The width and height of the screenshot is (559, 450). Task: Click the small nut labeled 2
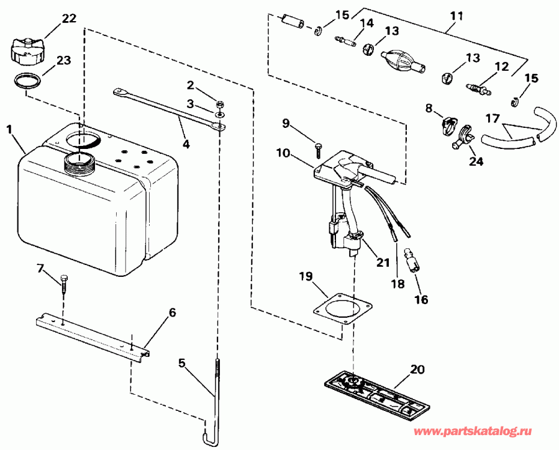coord(220,105)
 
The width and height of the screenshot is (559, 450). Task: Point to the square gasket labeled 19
coord(342,308)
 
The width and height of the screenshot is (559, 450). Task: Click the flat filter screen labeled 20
coord(378,391)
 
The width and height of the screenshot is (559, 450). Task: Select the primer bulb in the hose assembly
coord(402,61)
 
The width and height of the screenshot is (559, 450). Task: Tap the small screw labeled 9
coord(317,151)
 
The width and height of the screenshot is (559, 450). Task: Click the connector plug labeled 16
coord(412,261)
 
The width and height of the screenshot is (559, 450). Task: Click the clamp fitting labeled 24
coord(462,137)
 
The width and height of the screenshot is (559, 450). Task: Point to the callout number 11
coord(457,16)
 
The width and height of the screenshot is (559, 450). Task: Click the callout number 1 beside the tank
coord(9,129)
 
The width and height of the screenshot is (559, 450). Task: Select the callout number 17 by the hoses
coord(493,119)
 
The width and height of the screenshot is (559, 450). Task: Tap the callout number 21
coord(383,263)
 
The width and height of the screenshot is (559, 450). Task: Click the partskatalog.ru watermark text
coord(473,432)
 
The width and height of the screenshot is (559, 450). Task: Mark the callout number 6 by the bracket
coord(172,312)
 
